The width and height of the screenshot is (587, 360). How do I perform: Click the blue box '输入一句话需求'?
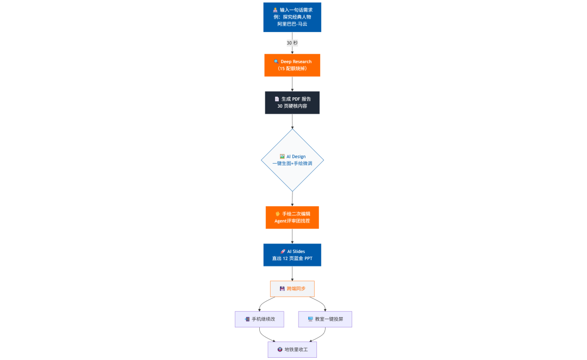point(292,17)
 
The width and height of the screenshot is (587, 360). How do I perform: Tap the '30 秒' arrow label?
point(292,43)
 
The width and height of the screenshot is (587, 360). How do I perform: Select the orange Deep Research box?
point(292,65)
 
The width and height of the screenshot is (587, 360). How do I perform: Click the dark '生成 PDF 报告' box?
point(292,103)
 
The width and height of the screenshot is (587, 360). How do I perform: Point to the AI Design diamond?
point(292,160)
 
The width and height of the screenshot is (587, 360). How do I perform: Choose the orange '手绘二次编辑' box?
point(292,218)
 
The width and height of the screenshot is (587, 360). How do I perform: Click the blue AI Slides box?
point(292,255)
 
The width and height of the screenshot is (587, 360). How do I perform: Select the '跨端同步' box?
point(292,289)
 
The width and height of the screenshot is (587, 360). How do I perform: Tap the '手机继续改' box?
point(259,319)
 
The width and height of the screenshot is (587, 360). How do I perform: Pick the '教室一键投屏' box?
point(325,319)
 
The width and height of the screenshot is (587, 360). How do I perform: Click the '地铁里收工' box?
point(292,350)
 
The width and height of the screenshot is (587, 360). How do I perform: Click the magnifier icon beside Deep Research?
point(276,61)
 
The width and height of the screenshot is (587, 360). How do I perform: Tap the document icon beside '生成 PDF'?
point(277,99)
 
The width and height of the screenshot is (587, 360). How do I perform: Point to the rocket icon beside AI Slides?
point(283,251)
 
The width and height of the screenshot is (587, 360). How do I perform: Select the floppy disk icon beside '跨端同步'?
point(282,289)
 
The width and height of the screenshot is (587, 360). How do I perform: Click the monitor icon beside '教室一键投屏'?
point(310,319)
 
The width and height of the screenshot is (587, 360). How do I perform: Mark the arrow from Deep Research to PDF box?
point(292,84)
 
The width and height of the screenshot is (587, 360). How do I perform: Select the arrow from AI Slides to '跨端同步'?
point(292,274)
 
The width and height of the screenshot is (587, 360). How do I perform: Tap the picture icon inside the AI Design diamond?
point(282,157)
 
